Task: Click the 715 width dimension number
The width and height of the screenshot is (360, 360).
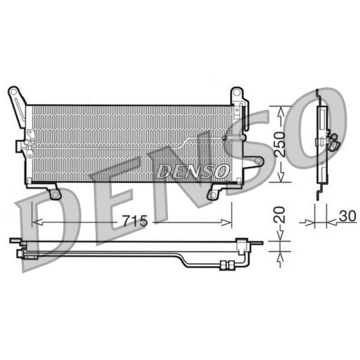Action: pyautogui.click(x=135, y=221)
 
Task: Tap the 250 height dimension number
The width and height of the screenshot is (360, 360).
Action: pyautogui.click(x=280, y=144)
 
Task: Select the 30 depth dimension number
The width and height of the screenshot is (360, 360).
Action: pyautogui.click(x=347, y=216)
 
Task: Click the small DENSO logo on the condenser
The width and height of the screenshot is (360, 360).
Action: pyautogui.click(x=193, y=171)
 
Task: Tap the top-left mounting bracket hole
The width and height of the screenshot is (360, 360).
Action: pyautogui.click(x=13, y=92)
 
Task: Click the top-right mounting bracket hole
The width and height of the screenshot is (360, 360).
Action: pyautogui.click(x=236, y=93)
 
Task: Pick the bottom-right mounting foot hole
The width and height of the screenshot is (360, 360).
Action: pyautogui.click(x=213, y=196)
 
